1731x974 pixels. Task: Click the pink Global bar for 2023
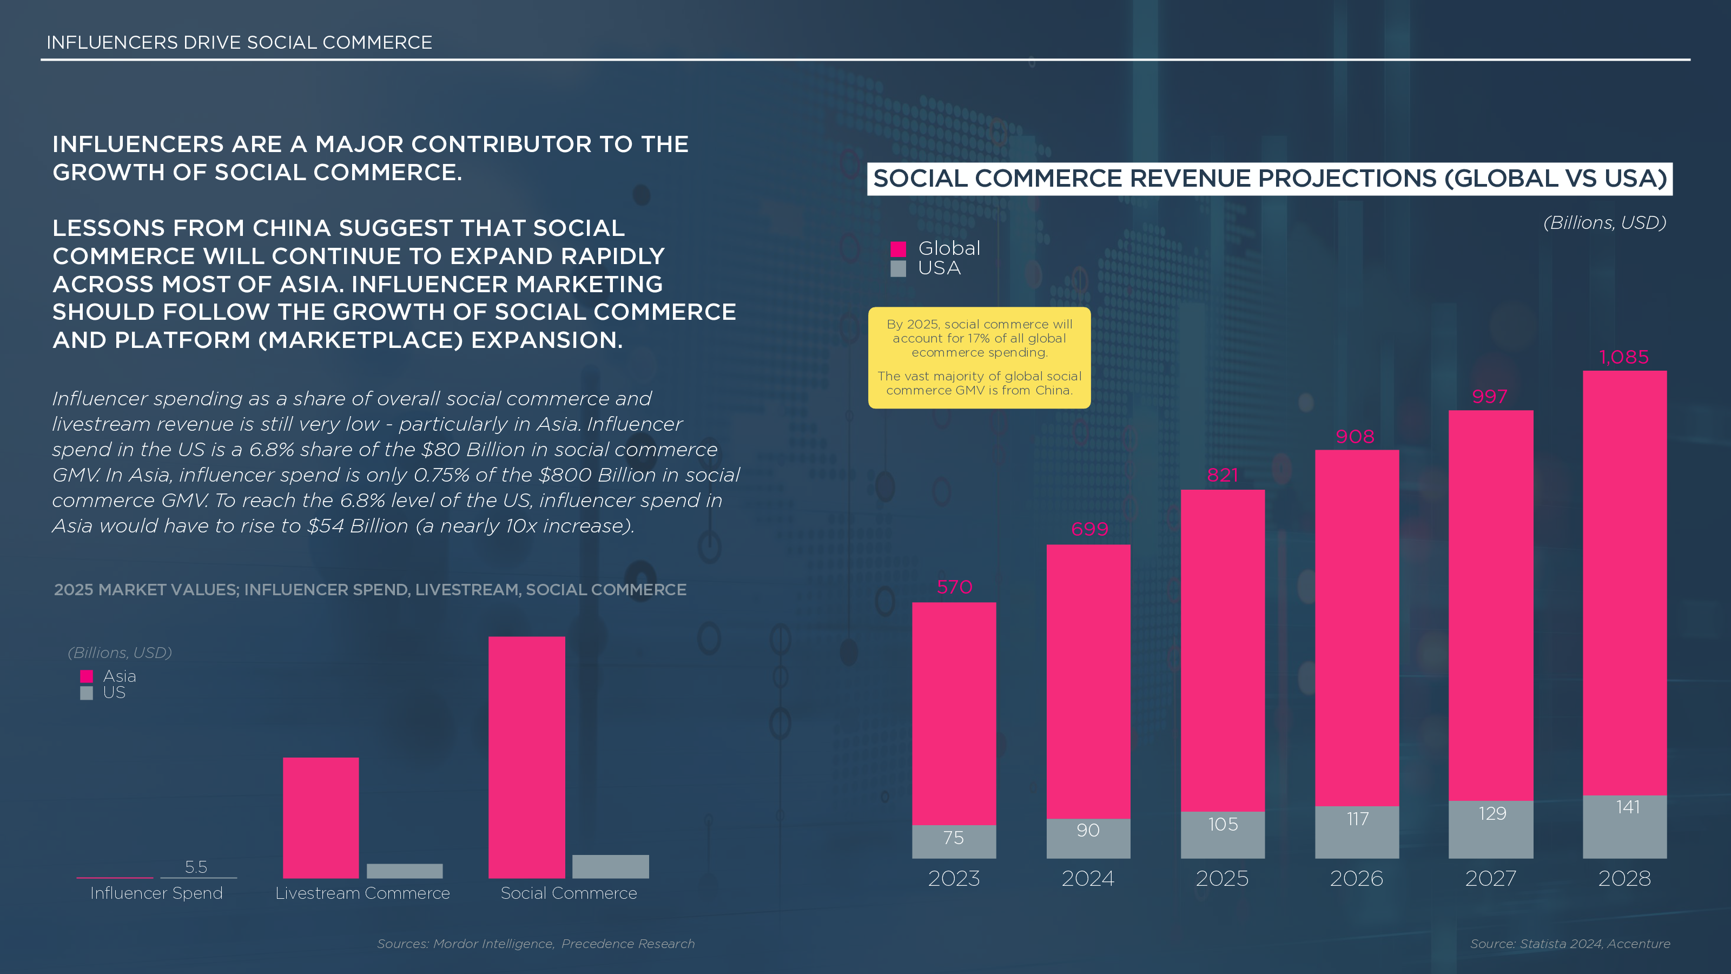pyautogui.click(x=954, y=713)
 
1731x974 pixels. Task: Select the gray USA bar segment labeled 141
pyautogui.click(x=1624, y=827)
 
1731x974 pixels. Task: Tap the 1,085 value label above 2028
pyautogui.click(x=1623, y=357)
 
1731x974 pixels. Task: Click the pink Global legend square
pyautogui.click(x=898, y=249)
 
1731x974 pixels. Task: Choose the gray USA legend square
pyautogui.click(x=898, y=269)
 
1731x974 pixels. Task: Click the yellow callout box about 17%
pyautogui.click(x=979, y=357)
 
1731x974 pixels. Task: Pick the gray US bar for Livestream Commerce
pyautogui.click(x=405, y=871)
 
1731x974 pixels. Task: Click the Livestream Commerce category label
pyautogui.click(x=362, y=893)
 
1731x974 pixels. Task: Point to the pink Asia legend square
pyautogui.click(x=87, y=676)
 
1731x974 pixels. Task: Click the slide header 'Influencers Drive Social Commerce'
pyautogui.click(x=239, y=42)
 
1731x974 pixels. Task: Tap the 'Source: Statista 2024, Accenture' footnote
pyautogui.click(x=1570, y=943)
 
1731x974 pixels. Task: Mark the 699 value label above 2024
pyautogui.click(x=1088, y=529)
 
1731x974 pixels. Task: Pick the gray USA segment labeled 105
pyautogui.click(x=1223, y=833)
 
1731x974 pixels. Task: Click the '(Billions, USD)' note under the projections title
pyautogui.click(x=1604, y=222)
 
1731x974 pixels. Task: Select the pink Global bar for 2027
pyautogui.click(x=1490, y=605)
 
